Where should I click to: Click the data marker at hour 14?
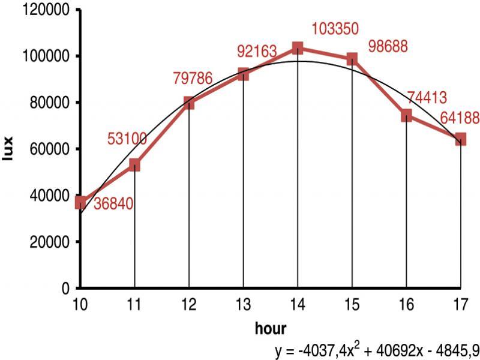[x=298, y=48]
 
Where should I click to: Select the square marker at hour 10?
[x=80, y=202]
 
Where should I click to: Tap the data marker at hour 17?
[x=460, y=139]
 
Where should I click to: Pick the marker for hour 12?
[x=189, y=103]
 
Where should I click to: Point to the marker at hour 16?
[x=406, y=115]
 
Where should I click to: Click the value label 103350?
[x=335, y=29]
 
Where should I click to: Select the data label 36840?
[x=113, y=204]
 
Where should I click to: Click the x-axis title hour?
[x=270, y=328]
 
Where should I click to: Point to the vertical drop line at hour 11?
[x=135, y=240]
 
